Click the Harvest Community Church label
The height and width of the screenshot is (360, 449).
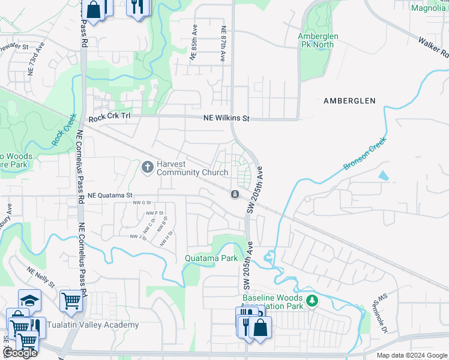click(x=192, y=168)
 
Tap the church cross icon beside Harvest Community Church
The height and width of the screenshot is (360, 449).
click(x=148, y=167)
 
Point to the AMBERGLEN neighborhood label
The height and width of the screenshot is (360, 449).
click(x=350, y=101)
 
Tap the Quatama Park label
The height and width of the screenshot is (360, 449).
click(x=211, y=259)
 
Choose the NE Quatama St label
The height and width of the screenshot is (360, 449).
click(x=110, y=196)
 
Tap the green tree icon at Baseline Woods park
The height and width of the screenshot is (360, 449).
click(x=311, y=300)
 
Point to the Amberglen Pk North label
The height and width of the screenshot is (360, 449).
click(x=319, y=40)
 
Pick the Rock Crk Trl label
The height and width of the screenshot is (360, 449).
click(x=109, y=119)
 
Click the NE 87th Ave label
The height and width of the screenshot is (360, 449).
click(x=223, y=43)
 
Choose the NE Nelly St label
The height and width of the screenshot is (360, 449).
click(x=41, y=277)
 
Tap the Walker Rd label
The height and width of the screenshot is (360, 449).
click(x=433, y=47)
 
